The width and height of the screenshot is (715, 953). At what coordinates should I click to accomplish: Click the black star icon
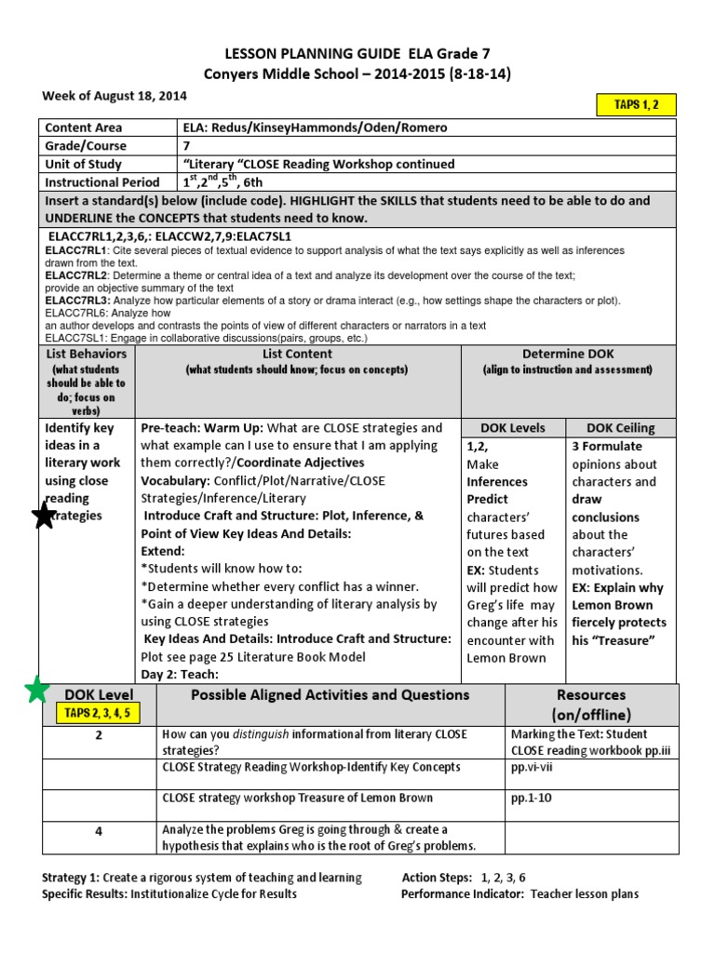click(x=44, y=515)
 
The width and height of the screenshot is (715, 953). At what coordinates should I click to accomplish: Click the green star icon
click(x=36, y=691)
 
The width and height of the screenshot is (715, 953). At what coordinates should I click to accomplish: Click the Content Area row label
click(x=85, y=128)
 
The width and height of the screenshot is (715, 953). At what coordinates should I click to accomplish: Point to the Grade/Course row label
click(x=87, y=146)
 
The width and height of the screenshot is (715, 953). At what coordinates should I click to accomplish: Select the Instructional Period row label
click(x=101, y=182)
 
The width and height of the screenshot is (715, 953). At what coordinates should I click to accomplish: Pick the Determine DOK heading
click(x=567, y=354)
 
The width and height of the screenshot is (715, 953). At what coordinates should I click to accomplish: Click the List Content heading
click(x=297, y=354)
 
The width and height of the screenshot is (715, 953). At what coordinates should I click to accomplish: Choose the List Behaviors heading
click(x=87, y=354)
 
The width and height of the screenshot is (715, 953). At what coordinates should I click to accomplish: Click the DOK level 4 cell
click(x=98, y=831)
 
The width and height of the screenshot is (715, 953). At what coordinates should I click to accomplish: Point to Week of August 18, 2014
click(x=114, y=96)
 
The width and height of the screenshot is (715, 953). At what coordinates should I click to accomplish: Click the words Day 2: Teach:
click(x=180, y=674)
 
